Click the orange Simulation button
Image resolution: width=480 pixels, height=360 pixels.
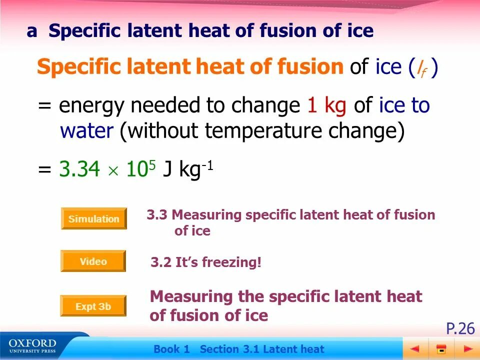point(94,218)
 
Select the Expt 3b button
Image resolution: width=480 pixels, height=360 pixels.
point(93,306)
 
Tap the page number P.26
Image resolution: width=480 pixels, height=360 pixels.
point(460,328)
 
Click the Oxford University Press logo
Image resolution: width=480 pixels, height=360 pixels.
point(32,346)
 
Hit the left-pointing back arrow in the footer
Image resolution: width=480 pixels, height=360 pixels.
point(414,348)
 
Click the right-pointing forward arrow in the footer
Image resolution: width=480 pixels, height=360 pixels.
point(467,348)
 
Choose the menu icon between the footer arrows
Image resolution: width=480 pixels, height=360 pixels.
point(441,348)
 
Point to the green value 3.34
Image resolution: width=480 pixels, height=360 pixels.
point(79,169)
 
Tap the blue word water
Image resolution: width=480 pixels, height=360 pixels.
point(86,131)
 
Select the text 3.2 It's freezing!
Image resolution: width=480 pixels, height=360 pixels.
point(206,262)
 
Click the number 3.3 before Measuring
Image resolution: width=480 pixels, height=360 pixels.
point(157,215)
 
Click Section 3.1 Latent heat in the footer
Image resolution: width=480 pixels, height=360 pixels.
point(262,349)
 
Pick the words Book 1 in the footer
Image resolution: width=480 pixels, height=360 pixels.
point(172,349)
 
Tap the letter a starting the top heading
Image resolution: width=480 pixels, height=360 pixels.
point(32,31)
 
